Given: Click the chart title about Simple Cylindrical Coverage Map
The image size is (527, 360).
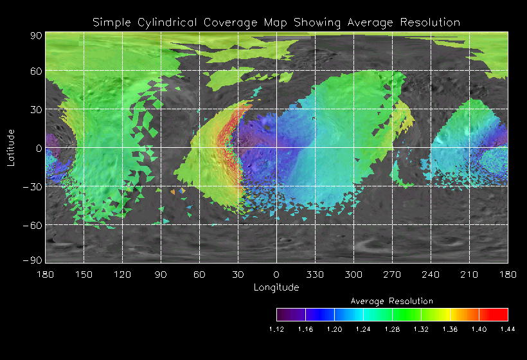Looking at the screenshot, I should pyautogui.click(x=276, y=22).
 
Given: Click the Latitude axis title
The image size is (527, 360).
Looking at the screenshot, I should pyautogui.click(x=11, y=147).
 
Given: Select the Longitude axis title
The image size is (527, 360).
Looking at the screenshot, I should pyautogui.click(x=276, y=287).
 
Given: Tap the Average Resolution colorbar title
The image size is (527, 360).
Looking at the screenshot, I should pyautogui.click(x=392, y=301).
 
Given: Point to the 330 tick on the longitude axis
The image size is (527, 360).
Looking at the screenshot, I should pyautogui.click(x=315, y=274).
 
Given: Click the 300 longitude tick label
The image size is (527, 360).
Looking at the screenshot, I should pyautogui.click(x=353, y=274).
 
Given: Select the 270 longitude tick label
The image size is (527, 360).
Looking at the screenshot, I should pyautogui.click(x=392, y=274).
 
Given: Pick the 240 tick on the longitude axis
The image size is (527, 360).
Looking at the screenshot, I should pyautogui.click(x=431, y=274).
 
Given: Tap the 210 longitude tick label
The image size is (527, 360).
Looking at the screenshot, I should pyautogui.click(x=469, y=274).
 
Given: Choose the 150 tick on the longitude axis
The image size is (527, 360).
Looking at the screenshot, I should pyautogui.click(x=84, y=274).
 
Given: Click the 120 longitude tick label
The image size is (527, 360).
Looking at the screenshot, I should pyautogui.click(x=123, y=274).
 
